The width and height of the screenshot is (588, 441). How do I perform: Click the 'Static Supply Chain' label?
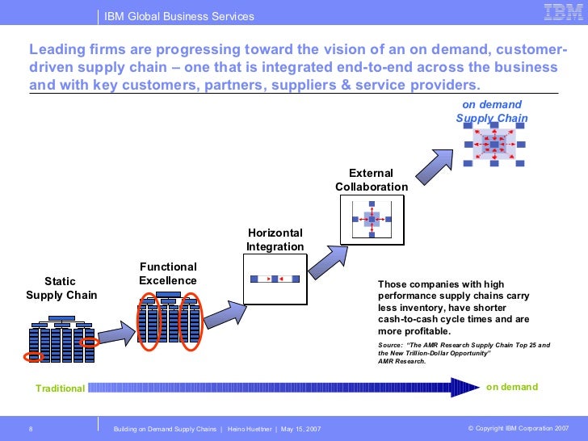coord(61,288)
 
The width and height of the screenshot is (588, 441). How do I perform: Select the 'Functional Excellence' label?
coord(168,274)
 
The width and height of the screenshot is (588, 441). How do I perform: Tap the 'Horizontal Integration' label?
coord(275,240)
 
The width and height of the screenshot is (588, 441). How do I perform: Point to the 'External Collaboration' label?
coord(372,180)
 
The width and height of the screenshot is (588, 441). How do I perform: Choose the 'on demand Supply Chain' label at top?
coord(492,111)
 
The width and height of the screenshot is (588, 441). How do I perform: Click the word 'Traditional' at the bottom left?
coord(60,388)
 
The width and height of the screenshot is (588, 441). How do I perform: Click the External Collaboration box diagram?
coord(372,218)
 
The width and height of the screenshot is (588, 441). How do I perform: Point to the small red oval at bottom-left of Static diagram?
coord(34,356)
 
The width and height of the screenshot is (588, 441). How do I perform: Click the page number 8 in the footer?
coord(30,427)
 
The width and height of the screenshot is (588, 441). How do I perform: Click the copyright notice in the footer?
coord(518,427)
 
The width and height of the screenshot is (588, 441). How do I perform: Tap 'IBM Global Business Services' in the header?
coord(179,16)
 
